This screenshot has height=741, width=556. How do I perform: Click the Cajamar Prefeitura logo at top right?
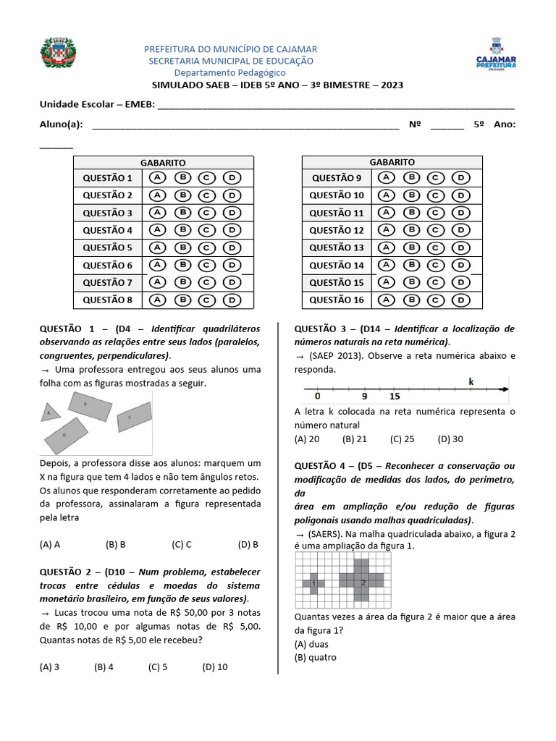(x=497, y=55)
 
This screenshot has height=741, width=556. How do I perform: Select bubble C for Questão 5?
(x=206, y=247)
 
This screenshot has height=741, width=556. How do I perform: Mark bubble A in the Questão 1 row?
(x=157, y=178)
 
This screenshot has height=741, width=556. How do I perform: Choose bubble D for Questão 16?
(x=460, y=300)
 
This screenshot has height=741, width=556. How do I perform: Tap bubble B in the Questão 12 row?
(x=410, y=230)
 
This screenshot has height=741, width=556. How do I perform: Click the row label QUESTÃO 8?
(x=108, y=300)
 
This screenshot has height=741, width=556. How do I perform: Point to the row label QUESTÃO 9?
(x=337, y=178)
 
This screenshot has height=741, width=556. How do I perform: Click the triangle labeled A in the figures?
(x=50, y=412)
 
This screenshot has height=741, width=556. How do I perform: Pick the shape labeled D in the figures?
(x=65, y=435)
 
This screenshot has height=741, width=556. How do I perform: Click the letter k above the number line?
(x=471, y=381)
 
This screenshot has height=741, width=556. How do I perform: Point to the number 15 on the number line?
(x=395, y=397)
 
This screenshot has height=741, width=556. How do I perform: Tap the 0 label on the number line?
(x=317, y=397)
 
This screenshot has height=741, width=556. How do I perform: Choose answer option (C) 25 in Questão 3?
(x=402, y=439)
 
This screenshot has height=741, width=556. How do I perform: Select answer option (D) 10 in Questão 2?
(x=215, y=667)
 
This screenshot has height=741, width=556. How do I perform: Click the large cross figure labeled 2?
(x=363, y=582)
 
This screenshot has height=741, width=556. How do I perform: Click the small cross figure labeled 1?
(x=313, y=583)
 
